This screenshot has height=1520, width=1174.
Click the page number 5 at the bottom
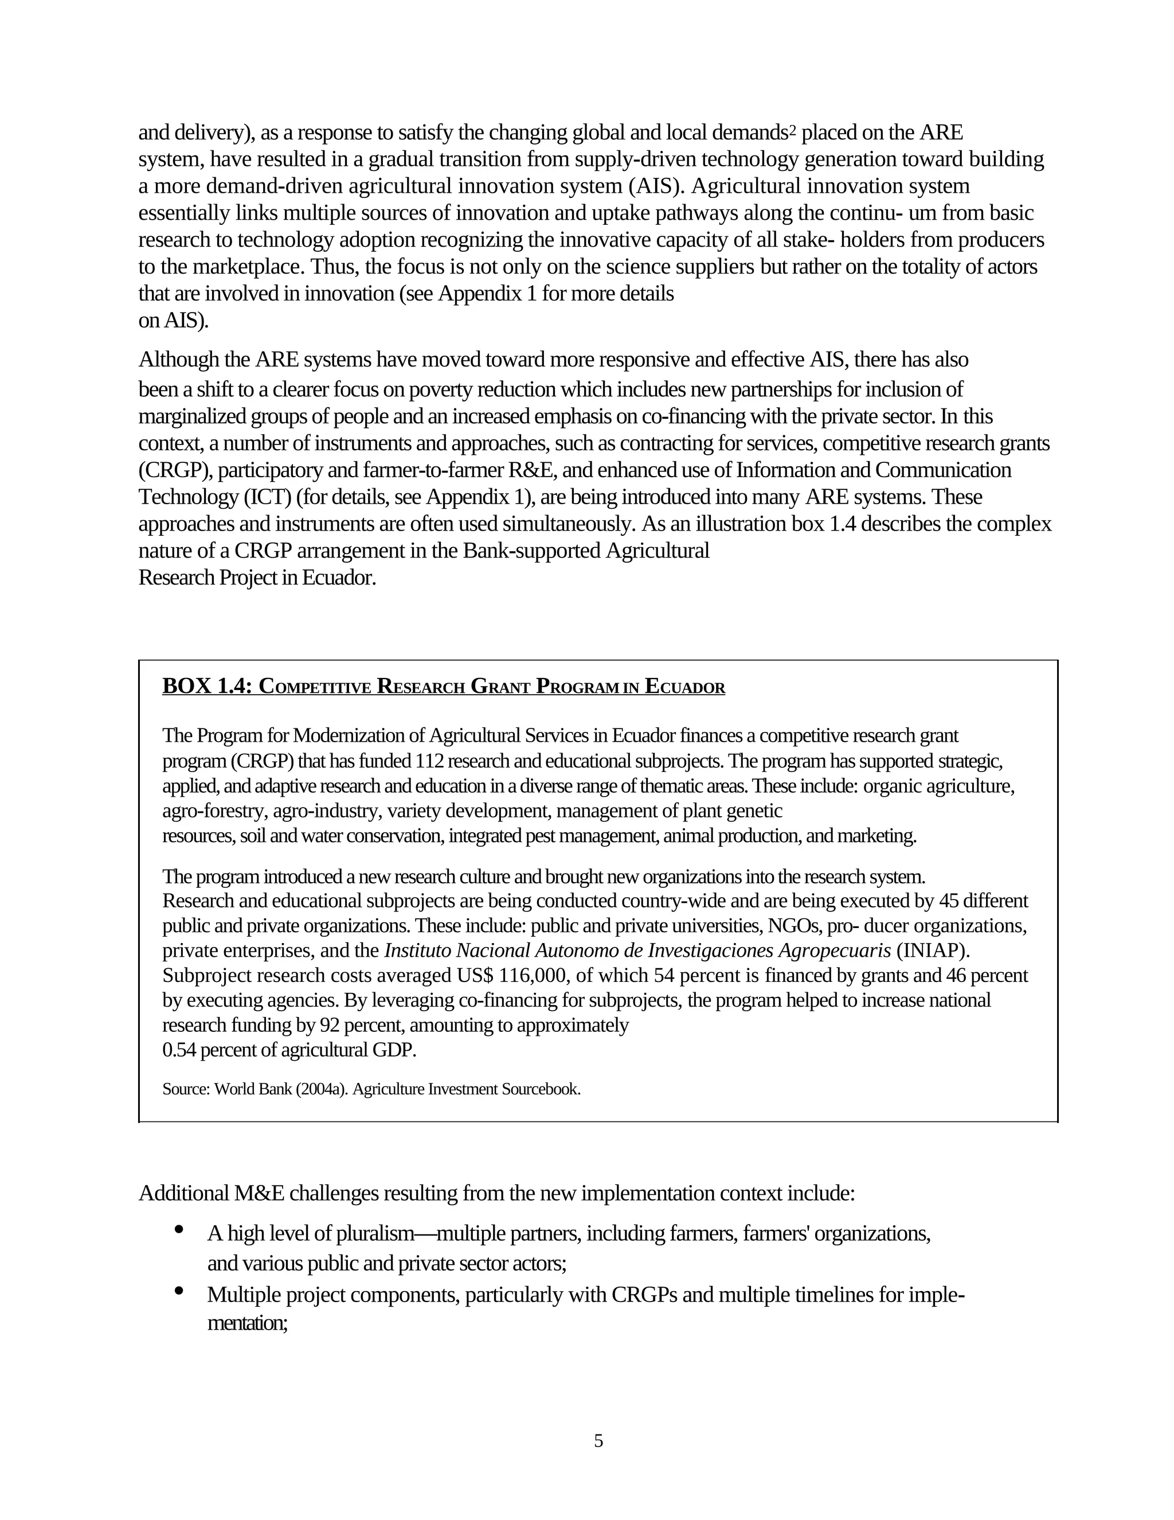click(x=598, y=1441)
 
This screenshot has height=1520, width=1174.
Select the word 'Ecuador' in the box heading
click(x=684, y=686)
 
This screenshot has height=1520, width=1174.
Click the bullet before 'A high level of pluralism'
click(x=179, y=1230)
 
